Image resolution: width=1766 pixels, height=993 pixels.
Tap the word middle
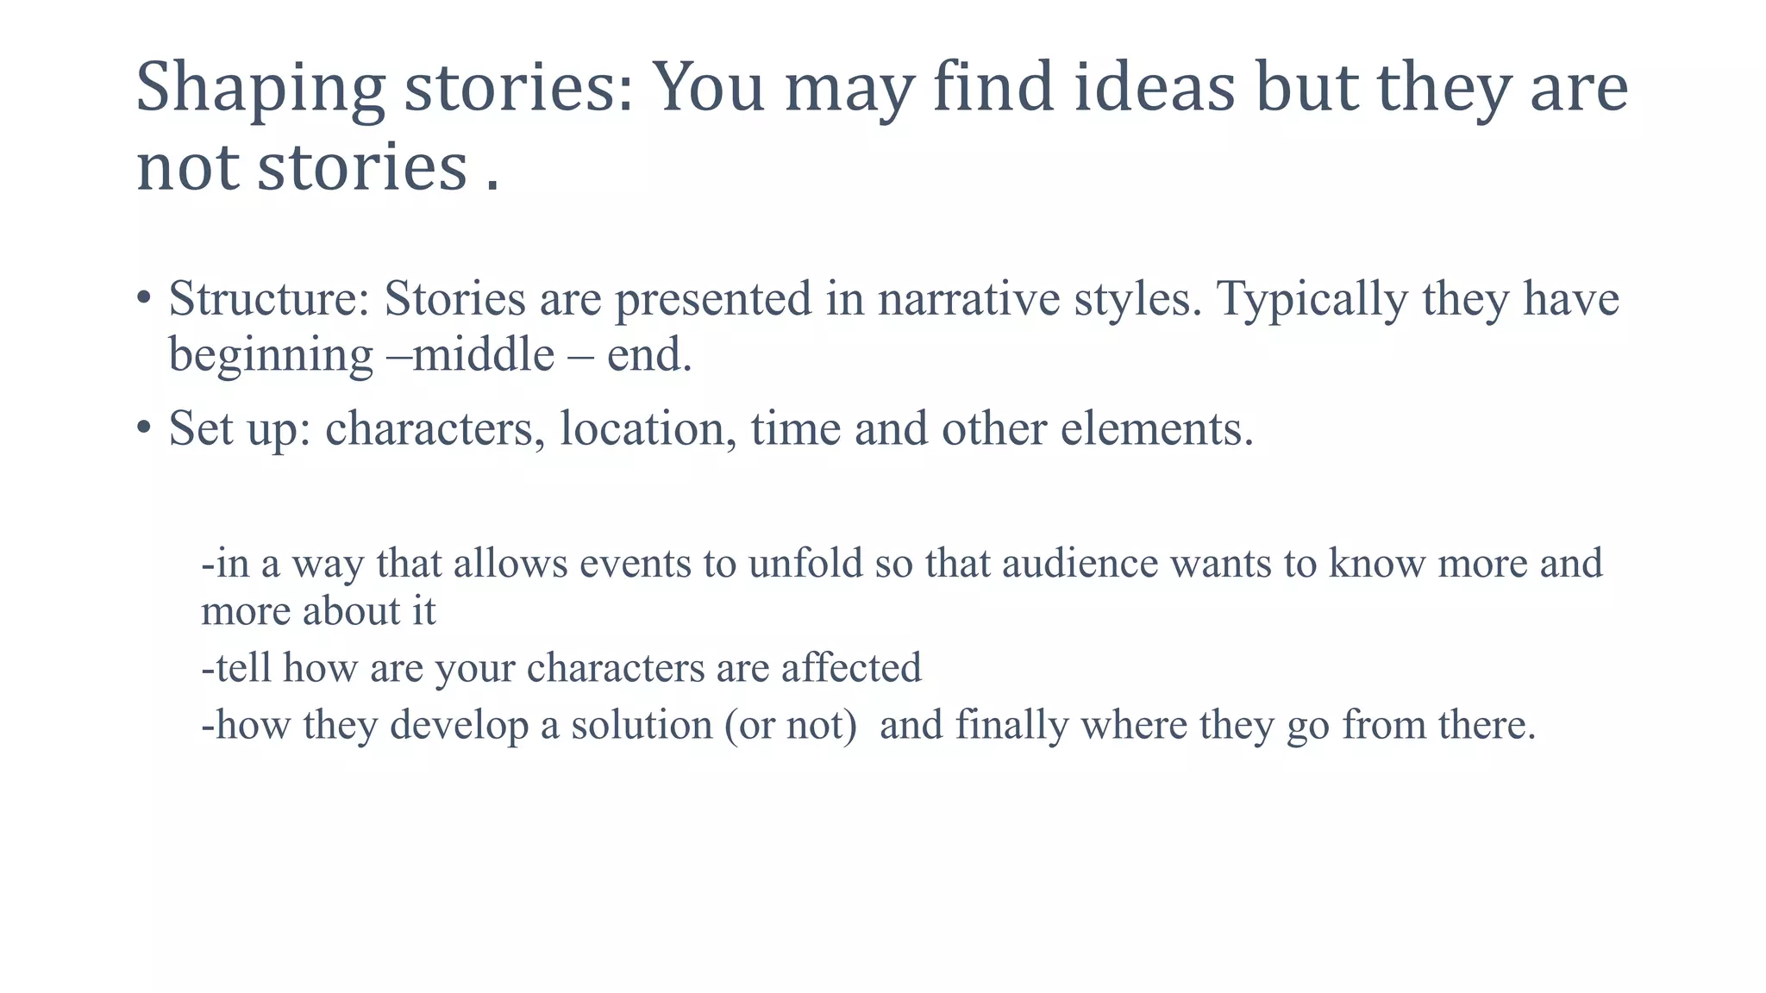click(x=484, y=354)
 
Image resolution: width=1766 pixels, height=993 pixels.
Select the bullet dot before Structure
click(x=144, y=299)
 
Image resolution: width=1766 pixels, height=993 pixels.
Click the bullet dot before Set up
click(x=144, y=428)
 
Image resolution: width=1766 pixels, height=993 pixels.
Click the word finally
click(x=1011, y=725)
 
